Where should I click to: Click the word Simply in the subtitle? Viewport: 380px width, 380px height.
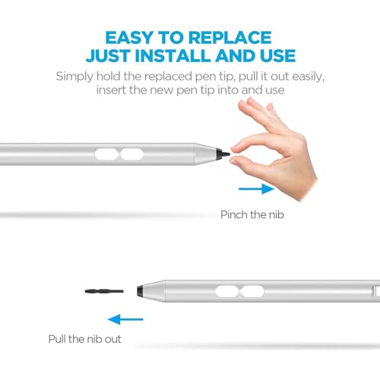point(76,76)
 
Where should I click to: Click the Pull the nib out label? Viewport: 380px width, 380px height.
point(86,339)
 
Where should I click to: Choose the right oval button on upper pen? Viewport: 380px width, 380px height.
point(134,154)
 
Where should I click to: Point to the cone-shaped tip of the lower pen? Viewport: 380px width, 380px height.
point(149,290)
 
